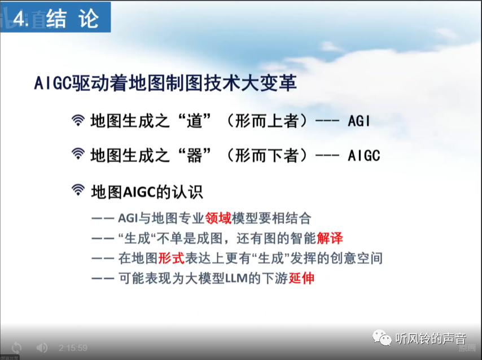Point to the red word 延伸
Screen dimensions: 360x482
(x=301, y=278)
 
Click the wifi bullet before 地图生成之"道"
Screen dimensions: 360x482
(x=78, y=121)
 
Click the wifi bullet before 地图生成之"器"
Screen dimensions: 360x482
(x=78, y=155)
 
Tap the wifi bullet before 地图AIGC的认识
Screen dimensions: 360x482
(x=78, y=191)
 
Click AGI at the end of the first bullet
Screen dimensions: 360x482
(x=359, y=121)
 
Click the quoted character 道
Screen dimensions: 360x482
(x=194, y=121)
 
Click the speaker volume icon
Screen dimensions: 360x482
(x=42, y=348)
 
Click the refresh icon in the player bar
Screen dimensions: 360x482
(x=16, y=348)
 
